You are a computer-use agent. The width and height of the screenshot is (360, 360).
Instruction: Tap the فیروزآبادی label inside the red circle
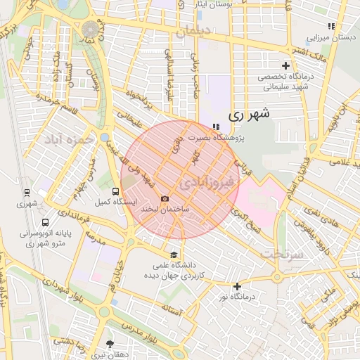[210, 184]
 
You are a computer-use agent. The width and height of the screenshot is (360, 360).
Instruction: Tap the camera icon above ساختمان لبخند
[165, 199]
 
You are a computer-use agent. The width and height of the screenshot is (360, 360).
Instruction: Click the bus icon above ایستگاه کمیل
[115, 191]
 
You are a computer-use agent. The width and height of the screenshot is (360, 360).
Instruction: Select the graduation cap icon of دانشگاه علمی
[174, 255]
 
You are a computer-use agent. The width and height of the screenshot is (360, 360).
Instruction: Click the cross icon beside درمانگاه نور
[238, 286]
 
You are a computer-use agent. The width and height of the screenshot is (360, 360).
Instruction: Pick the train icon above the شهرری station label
[27, 192]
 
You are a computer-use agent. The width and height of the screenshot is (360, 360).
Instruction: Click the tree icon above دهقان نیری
[109, 344]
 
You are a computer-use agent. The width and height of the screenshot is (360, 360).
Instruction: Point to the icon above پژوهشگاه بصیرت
[215, 126]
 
